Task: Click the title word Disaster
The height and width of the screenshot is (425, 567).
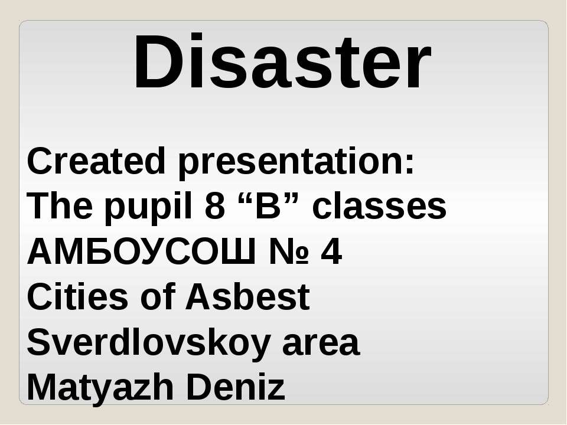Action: coord(282,61)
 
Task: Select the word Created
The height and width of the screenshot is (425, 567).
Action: coord(96,161)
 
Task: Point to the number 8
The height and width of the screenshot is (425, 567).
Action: coord(215,206)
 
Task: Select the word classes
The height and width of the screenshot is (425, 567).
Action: coord(379,206)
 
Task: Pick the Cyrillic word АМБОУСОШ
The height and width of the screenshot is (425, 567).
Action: coord(141,251)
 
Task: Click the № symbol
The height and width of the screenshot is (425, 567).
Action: coord(289,251)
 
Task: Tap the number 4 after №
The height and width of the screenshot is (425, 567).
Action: coord(331,251)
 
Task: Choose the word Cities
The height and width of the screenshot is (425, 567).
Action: coord(77,297)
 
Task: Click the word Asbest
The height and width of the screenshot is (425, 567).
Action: coord(247,297)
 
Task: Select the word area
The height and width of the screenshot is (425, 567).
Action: coord(321,345)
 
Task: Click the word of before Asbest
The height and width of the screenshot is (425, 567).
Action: coord(158,297)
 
